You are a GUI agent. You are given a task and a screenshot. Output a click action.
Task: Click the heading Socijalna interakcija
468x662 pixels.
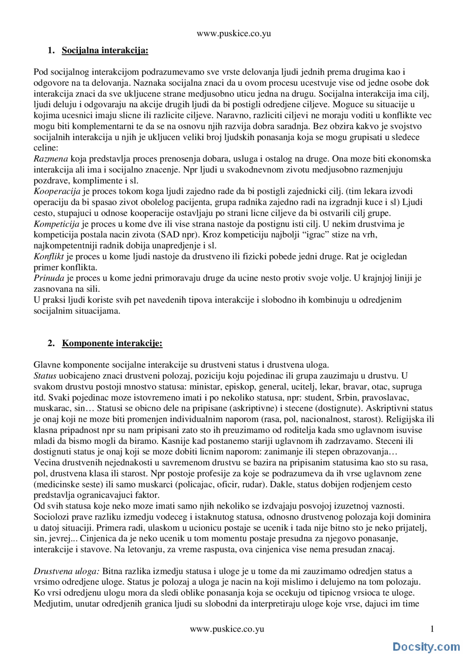[x=105, y=50]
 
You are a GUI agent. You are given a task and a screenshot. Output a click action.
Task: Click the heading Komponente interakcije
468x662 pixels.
[x=112, y=343]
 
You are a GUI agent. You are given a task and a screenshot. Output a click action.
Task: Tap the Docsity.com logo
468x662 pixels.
[x=426, y=647]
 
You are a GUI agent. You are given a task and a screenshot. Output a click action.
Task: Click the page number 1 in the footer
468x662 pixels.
[x=432, y=629]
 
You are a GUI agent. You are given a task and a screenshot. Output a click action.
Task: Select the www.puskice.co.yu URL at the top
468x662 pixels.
[x=234, y=34]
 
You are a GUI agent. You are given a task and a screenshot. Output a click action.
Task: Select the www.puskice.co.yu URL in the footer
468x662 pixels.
[x=227, y=629]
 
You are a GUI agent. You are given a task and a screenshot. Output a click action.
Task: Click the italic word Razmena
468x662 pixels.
[x=51, y=159]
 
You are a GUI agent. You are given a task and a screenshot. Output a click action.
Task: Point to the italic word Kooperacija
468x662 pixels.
[x=57, y=191]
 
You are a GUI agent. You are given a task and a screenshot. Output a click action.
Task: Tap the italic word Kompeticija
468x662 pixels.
[x=56, y=224]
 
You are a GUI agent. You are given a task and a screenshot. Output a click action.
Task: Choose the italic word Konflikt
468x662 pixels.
[x=49, y=256]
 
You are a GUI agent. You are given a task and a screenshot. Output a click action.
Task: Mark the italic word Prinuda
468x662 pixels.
[x=49, y=278]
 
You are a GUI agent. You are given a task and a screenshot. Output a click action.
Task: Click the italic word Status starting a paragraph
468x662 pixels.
[x=45, y=376]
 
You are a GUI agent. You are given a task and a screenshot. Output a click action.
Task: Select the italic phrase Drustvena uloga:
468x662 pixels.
[x=67, y=571]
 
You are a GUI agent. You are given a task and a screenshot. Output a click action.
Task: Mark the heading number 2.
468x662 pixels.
[x=51, y=343]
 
